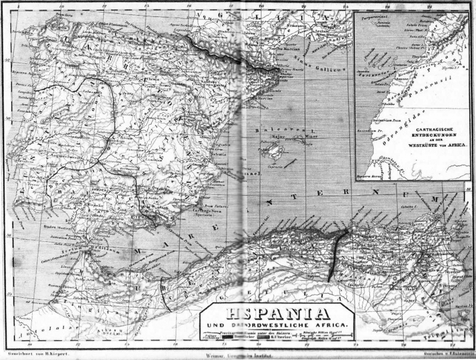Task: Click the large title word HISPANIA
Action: pyautogui.click(x=279, y=314)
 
